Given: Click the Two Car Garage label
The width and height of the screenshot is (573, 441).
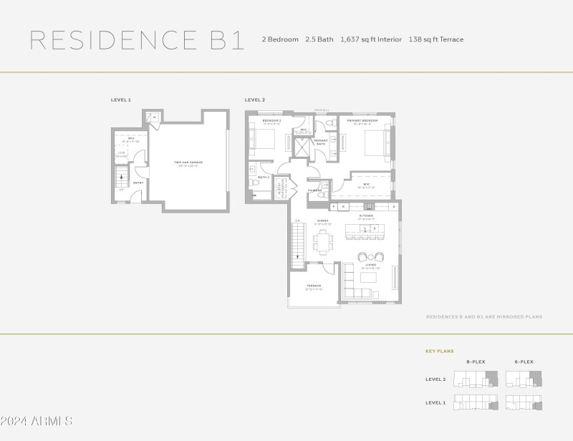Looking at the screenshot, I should pos(188,163).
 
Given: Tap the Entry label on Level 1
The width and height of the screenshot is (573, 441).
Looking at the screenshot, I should pos(138,183).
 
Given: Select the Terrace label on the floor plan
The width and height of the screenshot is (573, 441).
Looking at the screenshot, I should pos(314,286).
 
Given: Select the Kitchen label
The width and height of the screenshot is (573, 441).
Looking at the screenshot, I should pos(366,215).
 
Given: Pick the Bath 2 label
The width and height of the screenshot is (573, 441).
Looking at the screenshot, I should pos(263,177).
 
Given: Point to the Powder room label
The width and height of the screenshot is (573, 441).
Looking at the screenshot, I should pos(315,190).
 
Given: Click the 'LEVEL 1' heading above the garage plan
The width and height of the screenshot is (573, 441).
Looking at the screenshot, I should pos(120,100).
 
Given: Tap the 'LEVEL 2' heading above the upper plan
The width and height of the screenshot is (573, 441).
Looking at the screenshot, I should pos(255,100).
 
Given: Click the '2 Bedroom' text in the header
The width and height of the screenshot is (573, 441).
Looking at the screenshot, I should pos(280,39).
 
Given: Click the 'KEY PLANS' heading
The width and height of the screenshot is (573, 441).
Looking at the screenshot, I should pos(440,352).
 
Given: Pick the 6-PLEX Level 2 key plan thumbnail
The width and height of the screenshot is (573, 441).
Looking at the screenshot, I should pos(524,379).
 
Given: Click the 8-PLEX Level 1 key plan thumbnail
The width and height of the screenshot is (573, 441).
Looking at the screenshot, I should pos(476,402).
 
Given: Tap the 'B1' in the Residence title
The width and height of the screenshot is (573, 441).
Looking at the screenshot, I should pos(228,39).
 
